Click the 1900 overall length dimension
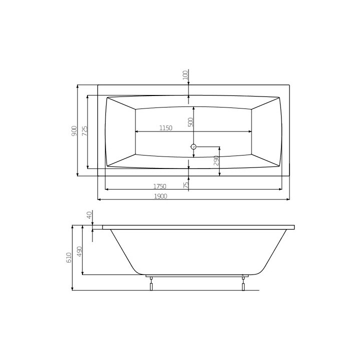pos(160,196)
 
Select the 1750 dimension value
pos(160,186)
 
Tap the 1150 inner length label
pos(166,128)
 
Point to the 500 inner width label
pos(190,122)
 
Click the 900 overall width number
pos(74,130)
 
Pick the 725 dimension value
pos(84,130)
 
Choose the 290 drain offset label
pos(216,160)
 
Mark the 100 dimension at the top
pos(185,75)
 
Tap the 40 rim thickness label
pos(89,215)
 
